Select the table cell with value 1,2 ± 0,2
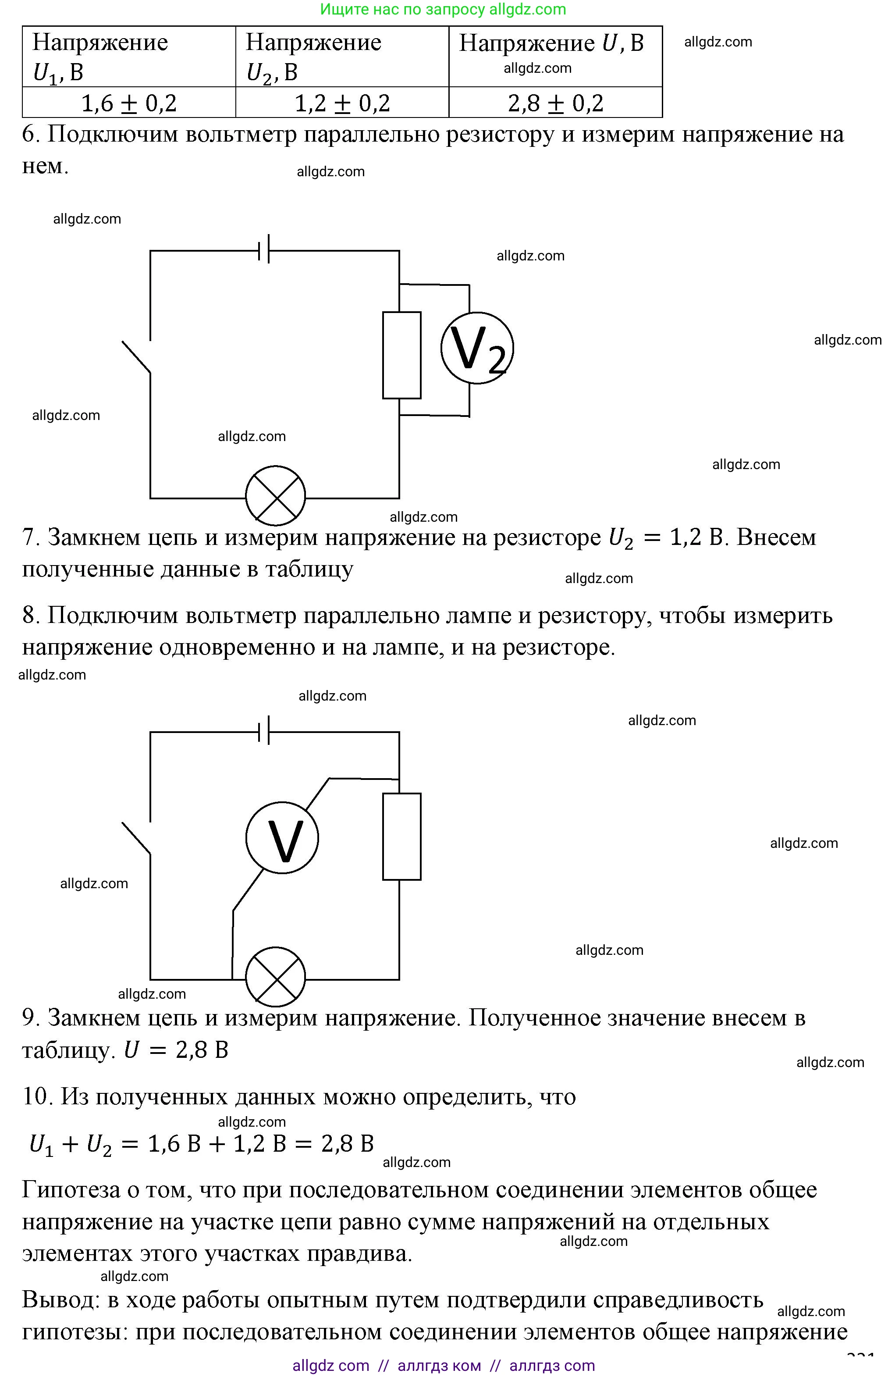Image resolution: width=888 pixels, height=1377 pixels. [x=342, y=103]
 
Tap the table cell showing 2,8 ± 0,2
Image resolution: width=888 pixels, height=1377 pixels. [x=555, y=103]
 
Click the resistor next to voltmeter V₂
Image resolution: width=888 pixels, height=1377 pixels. [x=402, y=355]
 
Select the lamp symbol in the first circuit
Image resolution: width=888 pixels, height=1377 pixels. [x=276, y=496]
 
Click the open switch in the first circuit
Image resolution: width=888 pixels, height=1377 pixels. [x=137, y=356]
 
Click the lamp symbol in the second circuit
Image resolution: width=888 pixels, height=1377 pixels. [x=276, y=977]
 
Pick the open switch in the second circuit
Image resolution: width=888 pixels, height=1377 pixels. [x=137, y=838]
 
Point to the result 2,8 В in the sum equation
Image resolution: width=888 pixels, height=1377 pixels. [x=347, y=1143]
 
